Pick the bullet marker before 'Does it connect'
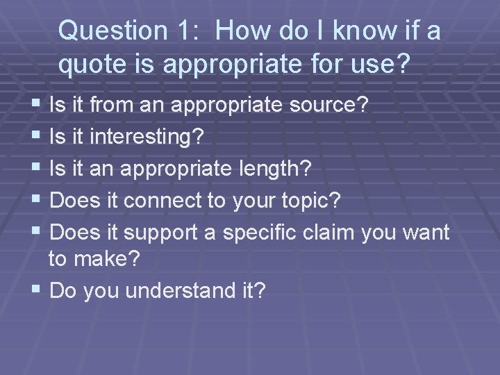coord(36,200)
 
